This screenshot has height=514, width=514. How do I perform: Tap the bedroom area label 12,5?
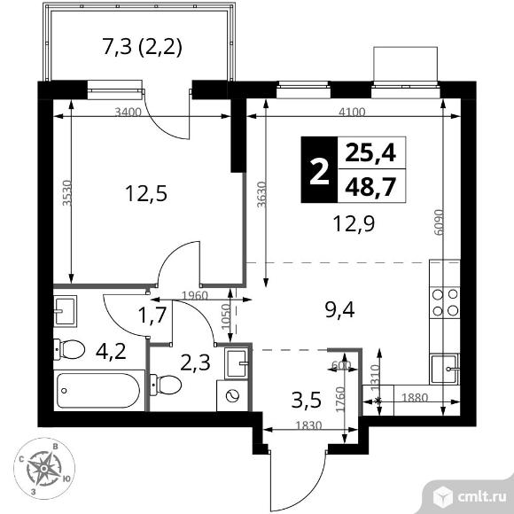tap(146, 193)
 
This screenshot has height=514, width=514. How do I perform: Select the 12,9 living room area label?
tap(354, 224)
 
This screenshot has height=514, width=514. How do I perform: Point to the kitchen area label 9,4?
tap(339, 310)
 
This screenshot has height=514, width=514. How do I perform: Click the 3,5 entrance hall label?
tap(306, 401)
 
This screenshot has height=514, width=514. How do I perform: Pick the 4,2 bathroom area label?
tap(111, 352)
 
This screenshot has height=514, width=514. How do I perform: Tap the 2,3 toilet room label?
tap(195, 363)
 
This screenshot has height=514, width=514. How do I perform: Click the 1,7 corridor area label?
tap(153, 316)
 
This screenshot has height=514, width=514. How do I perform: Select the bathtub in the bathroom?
tap(98, 391)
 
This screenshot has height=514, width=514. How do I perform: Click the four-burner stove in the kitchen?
tap(445, 302)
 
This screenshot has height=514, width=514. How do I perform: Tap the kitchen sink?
tap(445, 370)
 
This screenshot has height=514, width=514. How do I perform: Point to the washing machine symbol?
tap(232, 395)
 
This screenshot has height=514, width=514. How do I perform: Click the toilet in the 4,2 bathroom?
tap(69, 349)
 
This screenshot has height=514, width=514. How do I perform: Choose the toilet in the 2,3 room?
tap(166, 385)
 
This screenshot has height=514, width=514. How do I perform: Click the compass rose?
tap(44, 469)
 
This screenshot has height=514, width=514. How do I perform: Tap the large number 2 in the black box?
tap(319, 169)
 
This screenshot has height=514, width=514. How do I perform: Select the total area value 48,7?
tap(370, 186)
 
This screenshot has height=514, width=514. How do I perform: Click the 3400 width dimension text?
tap(128, 113)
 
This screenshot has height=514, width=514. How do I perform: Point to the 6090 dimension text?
tap(439, 222)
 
